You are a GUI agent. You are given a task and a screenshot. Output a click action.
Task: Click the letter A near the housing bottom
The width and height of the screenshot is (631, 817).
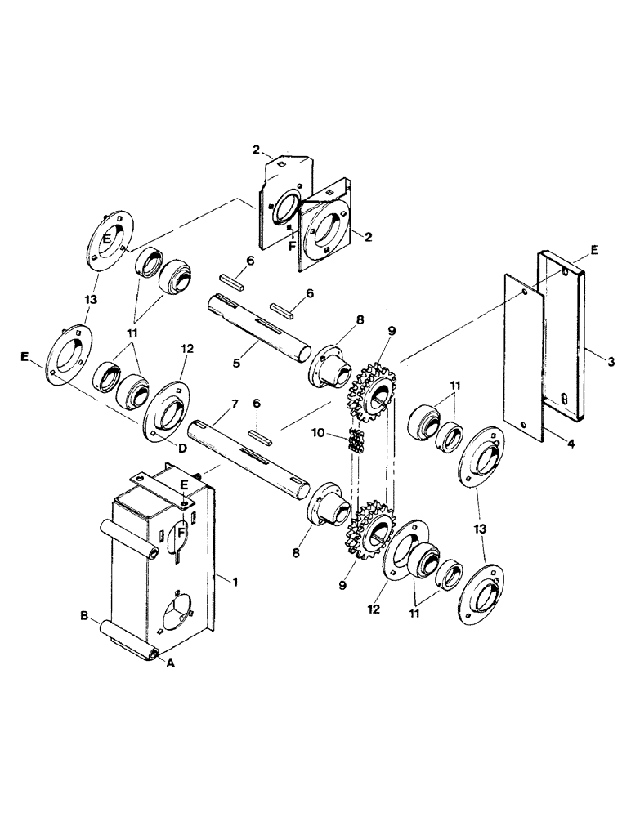pos(171,663)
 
